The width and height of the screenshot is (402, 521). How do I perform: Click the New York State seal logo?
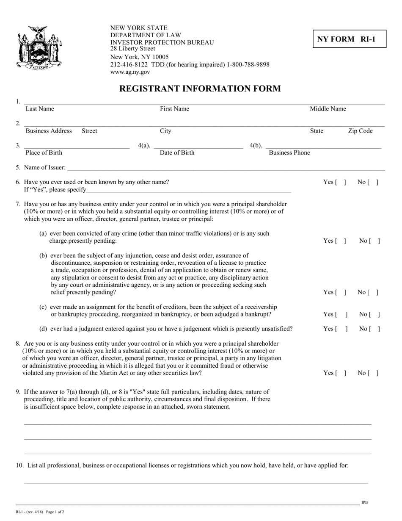pos(39,47)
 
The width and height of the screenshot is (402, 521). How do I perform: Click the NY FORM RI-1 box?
pos(350,39)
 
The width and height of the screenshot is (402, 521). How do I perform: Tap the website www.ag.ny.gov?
pos(130,72)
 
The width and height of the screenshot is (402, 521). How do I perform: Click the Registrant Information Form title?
pos(200,89)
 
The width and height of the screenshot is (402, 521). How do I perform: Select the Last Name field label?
pos(40,109)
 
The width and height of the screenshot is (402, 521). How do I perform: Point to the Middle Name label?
pos(328,109)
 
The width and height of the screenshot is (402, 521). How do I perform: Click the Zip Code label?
pos(360,131)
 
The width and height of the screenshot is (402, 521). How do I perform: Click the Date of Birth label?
pos(177,153)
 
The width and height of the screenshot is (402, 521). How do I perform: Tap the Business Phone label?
pos(289,153)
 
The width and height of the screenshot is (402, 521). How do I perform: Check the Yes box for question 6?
pos(341,182)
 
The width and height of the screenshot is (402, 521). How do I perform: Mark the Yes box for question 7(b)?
pos(341,292)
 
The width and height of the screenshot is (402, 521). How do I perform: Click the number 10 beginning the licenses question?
pos(19,466)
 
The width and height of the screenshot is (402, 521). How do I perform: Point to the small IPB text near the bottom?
pos(364,502)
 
